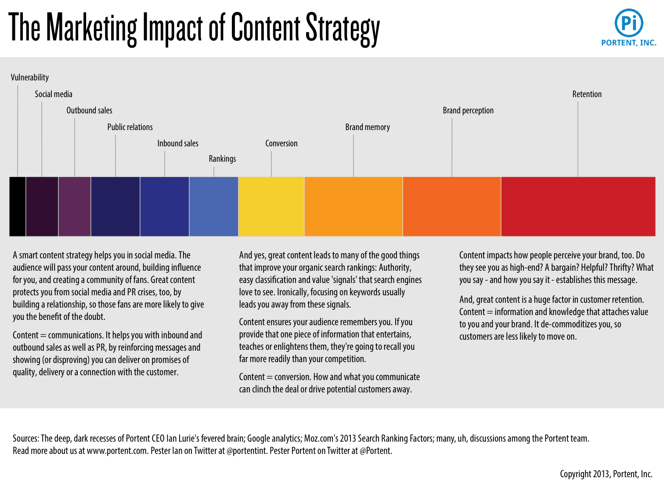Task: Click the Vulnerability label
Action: click(30, 78)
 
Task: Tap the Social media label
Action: click(54, 94)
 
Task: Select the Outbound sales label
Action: click(89, 110)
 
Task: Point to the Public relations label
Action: click(130, 127)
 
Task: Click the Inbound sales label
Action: click(178, 143)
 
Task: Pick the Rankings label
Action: click(222, 159)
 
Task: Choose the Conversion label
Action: click(281, 143)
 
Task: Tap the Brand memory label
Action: click(368, 127)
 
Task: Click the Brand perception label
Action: click(468, 110)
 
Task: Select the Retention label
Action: click(587, 94)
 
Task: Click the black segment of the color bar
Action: click(18, 207)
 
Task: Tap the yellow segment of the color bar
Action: click(271, 207)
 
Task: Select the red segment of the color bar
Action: click(578, 207)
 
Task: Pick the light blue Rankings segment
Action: click(213, 207)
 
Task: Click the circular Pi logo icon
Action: click(629, 23)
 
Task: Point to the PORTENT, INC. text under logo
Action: click(628, 43)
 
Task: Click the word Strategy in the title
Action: click(343, 29)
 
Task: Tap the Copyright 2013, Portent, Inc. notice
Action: click(606, 474)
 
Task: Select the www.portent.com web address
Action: click(117, 451)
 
